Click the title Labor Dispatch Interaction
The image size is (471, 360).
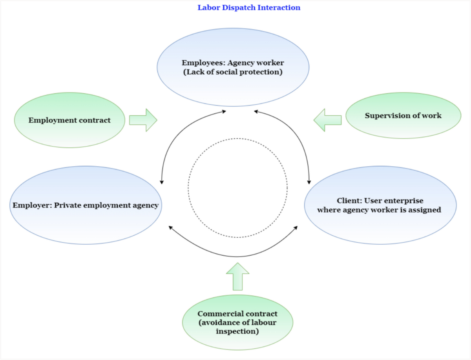(x=249, y=7)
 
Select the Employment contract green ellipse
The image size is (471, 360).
(x=69, y=120)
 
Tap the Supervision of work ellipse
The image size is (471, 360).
(x=403, y=116)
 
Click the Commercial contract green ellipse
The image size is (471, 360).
(x=237, y=322)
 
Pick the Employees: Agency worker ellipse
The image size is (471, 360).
(x=233, y=67)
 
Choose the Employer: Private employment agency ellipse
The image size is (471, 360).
(x=86, y=205)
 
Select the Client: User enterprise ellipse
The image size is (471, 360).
(x=380, y=205)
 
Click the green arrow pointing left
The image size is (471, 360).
(x=328, y=120)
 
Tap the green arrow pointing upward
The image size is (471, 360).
(x=237, y=277)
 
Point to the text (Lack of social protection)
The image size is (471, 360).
(x=233, y=72)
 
